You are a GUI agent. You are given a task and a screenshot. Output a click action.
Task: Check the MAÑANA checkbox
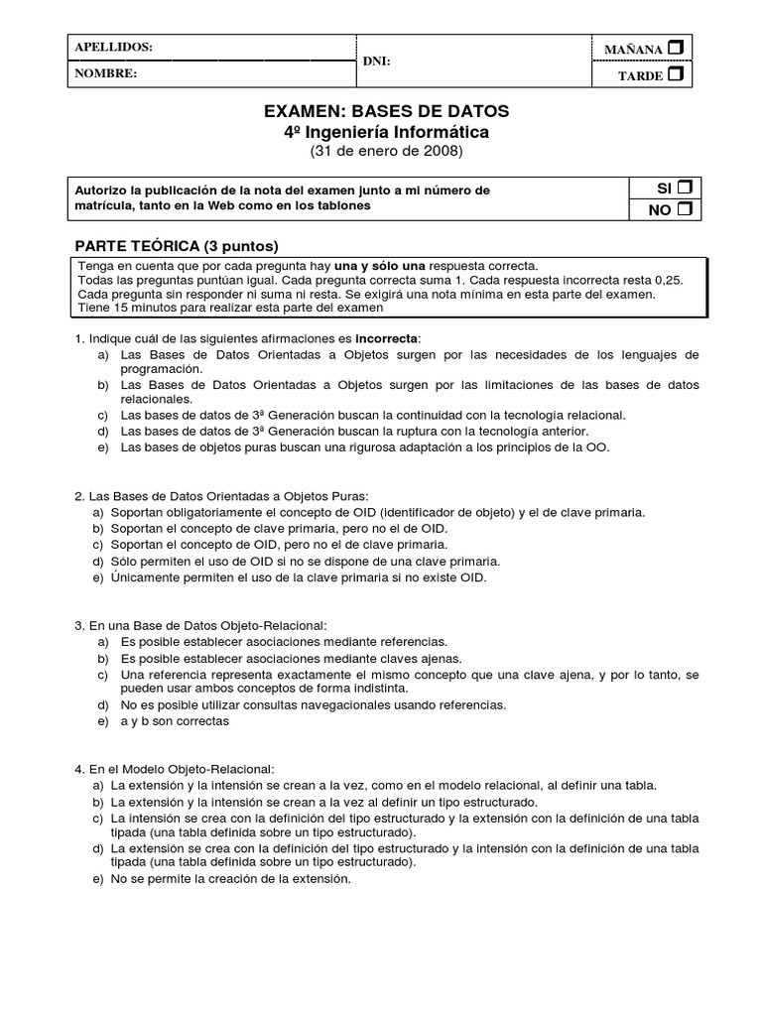(676, 48)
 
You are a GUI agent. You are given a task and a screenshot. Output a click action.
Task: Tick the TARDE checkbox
(676, 74)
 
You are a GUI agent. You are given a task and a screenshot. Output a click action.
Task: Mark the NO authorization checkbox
(684, 209)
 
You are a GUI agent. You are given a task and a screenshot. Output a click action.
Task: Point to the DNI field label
(377, 61)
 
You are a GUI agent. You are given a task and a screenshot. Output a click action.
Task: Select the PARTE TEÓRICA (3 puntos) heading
(178, 245)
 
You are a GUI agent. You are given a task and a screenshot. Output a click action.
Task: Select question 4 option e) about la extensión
(230, 879)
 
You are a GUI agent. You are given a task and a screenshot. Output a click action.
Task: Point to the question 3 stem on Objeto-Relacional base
(201, 626)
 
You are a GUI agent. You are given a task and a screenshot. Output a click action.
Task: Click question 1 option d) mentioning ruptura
(354, 432)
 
